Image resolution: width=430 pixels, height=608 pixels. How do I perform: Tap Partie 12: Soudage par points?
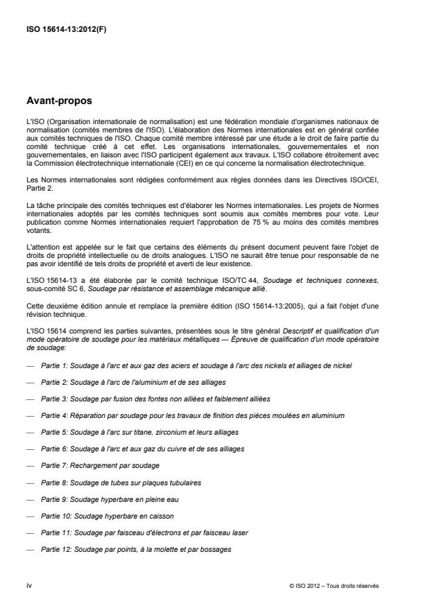pos(136,548)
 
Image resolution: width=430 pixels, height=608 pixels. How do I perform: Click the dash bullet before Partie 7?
pos(30,465)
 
